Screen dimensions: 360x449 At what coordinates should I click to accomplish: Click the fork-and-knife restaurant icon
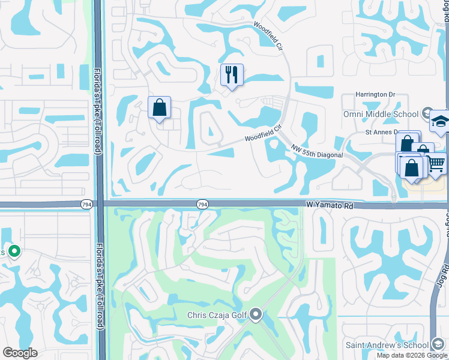point(232,75)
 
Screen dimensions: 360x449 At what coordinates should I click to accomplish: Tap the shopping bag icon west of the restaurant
point(160,108)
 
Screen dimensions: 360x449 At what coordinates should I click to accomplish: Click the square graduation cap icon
point(440,122)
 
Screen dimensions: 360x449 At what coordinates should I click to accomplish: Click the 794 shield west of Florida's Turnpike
point(86,205)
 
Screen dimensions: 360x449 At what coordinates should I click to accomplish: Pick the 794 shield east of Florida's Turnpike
point(203,205)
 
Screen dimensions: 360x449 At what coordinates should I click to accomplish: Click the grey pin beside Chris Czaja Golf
point(256,314)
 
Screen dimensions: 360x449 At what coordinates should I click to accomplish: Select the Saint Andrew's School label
point(386,345)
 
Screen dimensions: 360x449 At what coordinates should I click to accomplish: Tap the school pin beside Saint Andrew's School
point(438,344)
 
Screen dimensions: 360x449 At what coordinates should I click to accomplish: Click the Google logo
point(20,353)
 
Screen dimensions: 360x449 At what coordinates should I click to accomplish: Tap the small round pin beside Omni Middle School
point(426,113)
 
